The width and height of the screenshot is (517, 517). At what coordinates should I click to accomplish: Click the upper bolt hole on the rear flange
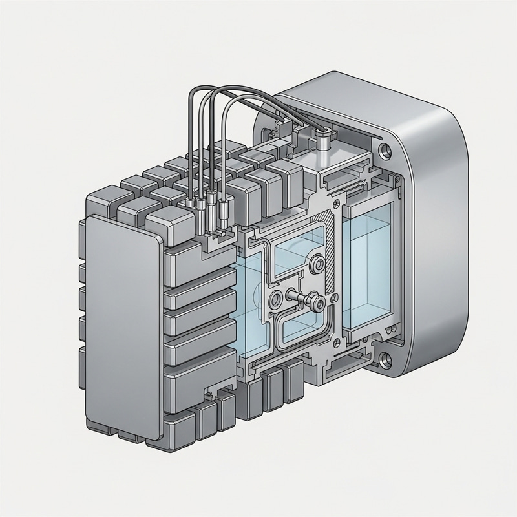[386, 153]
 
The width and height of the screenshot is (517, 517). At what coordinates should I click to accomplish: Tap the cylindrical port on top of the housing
[322, 137]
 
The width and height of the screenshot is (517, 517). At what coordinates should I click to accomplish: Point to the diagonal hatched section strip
[330, 258]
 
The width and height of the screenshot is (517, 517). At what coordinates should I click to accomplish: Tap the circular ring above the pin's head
[317, 263]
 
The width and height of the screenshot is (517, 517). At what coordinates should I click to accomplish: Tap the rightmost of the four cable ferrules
[224, 209]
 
